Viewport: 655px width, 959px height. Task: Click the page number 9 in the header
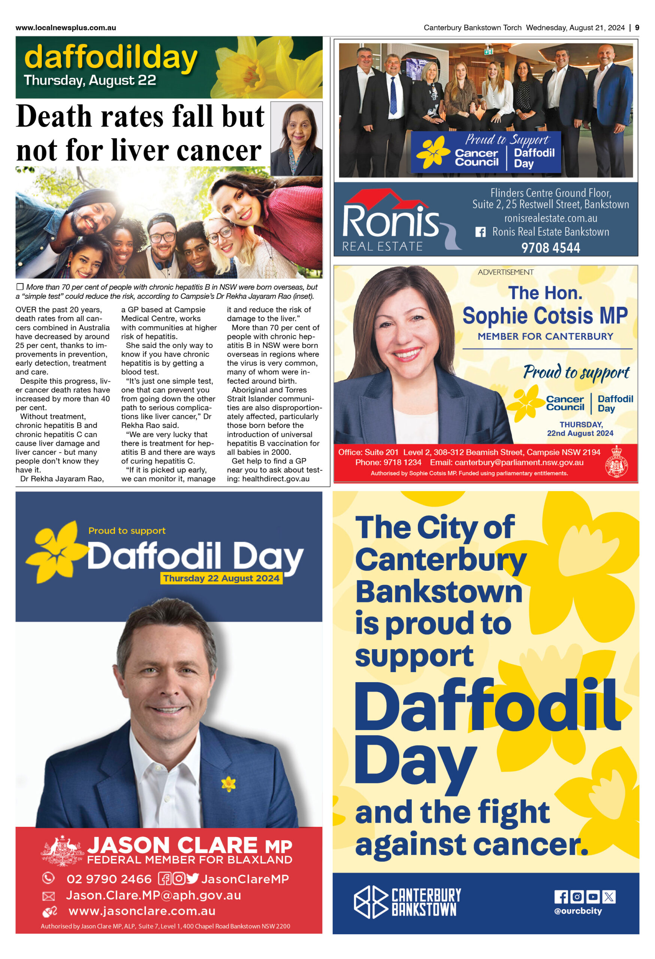point(637,28)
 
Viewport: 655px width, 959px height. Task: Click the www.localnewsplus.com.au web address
point(66,28)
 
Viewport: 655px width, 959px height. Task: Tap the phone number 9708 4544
point(550,248)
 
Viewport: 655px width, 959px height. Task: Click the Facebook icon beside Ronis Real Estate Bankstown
point(480,232)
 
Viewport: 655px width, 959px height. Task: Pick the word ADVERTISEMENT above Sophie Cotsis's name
point(505,272)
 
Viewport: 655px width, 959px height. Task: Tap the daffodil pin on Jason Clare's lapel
point(228,784)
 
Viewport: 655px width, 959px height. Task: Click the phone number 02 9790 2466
point(109,879)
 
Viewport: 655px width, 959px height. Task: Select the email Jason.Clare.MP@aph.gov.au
point(154,895)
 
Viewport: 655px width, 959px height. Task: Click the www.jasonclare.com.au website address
point(142,911)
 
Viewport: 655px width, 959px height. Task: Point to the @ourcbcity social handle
point(578,911)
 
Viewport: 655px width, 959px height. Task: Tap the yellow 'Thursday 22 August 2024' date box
point(221,578)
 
